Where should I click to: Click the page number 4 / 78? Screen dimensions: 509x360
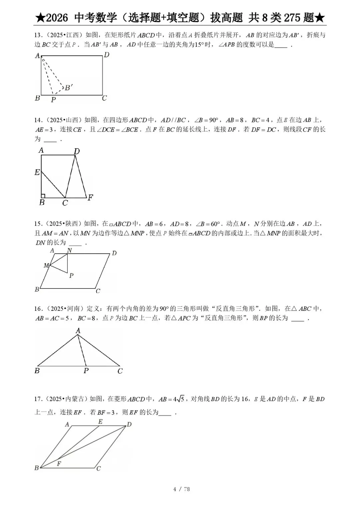(181, 489)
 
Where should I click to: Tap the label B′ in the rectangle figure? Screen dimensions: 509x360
(69, 88)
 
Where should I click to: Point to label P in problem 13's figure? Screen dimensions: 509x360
(53, 99)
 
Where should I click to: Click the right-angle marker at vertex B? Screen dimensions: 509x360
(43, 196)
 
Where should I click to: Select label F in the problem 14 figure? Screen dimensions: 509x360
(90, 198)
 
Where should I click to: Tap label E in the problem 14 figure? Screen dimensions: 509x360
(37, 172)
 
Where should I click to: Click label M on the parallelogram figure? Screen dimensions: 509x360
(46, 265)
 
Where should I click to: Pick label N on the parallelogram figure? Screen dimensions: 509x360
(69, 251)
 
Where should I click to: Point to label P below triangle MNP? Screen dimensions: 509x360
(71, 275)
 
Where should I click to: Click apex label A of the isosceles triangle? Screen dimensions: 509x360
(78, 330)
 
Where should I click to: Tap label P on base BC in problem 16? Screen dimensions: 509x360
(86, 371)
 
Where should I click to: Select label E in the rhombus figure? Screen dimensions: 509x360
(100, 422)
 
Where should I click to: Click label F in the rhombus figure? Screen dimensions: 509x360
(59, 463)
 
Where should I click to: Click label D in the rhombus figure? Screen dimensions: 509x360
(129, 424)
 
